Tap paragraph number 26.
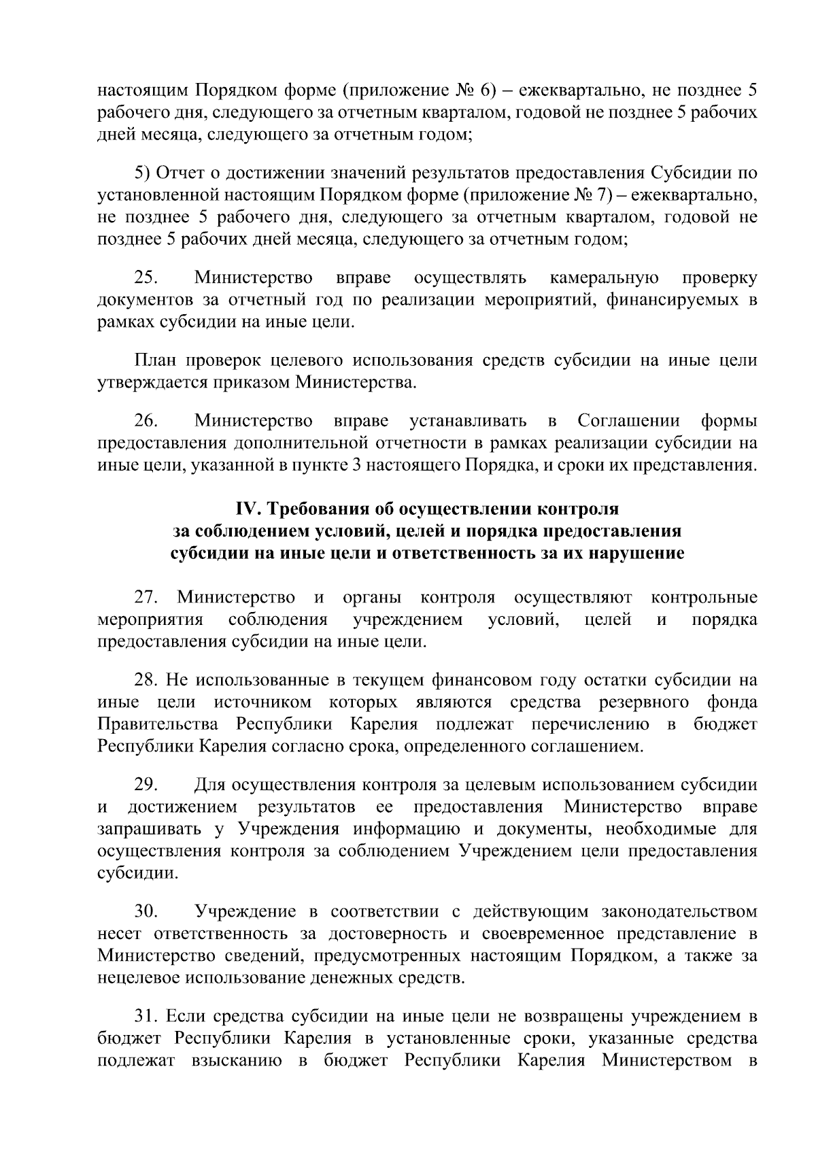[x=146, y=422]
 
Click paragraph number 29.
[x=146, y=785]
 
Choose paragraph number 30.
[x=146, y=911]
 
